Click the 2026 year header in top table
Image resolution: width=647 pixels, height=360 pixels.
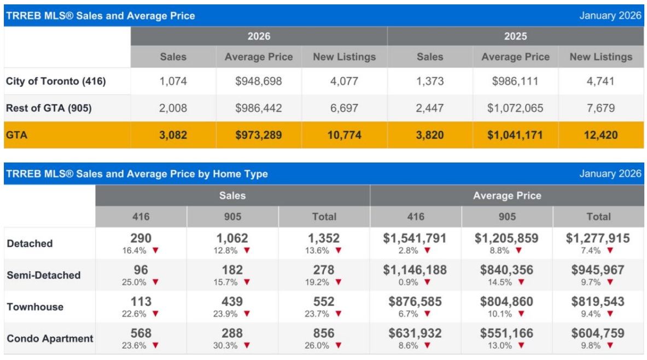point(259,37)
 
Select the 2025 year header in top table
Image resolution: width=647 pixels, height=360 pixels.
point(515,37)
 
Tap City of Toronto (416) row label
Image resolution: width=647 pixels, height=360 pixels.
point(56,82)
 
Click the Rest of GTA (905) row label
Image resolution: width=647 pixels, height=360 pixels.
point(49,108)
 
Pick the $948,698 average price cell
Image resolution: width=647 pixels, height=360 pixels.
point(259,82)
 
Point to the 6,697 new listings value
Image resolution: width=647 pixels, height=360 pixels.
point(344,108)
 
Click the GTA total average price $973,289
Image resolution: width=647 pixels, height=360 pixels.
point(259,135)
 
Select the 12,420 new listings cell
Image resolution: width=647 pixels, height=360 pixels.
point(601,135)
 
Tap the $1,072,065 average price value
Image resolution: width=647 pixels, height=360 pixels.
point(515,108)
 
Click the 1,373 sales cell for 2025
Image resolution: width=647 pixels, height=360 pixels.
point(430,82)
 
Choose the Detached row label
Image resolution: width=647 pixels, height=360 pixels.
point(30,243)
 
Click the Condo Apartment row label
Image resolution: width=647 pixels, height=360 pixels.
point(50,339)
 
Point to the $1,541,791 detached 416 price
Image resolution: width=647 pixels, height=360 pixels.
point(416,239)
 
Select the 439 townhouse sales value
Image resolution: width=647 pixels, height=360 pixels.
point(232,302)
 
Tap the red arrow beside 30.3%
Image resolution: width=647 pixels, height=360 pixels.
point(247,346)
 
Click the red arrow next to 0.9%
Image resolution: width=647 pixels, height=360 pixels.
point(427,282)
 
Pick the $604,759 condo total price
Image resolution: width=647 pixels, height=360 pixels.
point(598,334)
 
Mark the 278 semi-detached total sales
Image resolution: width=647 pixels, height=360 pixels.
point(324,270)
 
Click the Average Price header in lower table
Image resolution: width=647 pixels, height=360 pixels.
point(507,195)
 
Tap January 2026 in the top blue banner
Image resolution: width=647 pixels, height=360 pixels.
point(610,16)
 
